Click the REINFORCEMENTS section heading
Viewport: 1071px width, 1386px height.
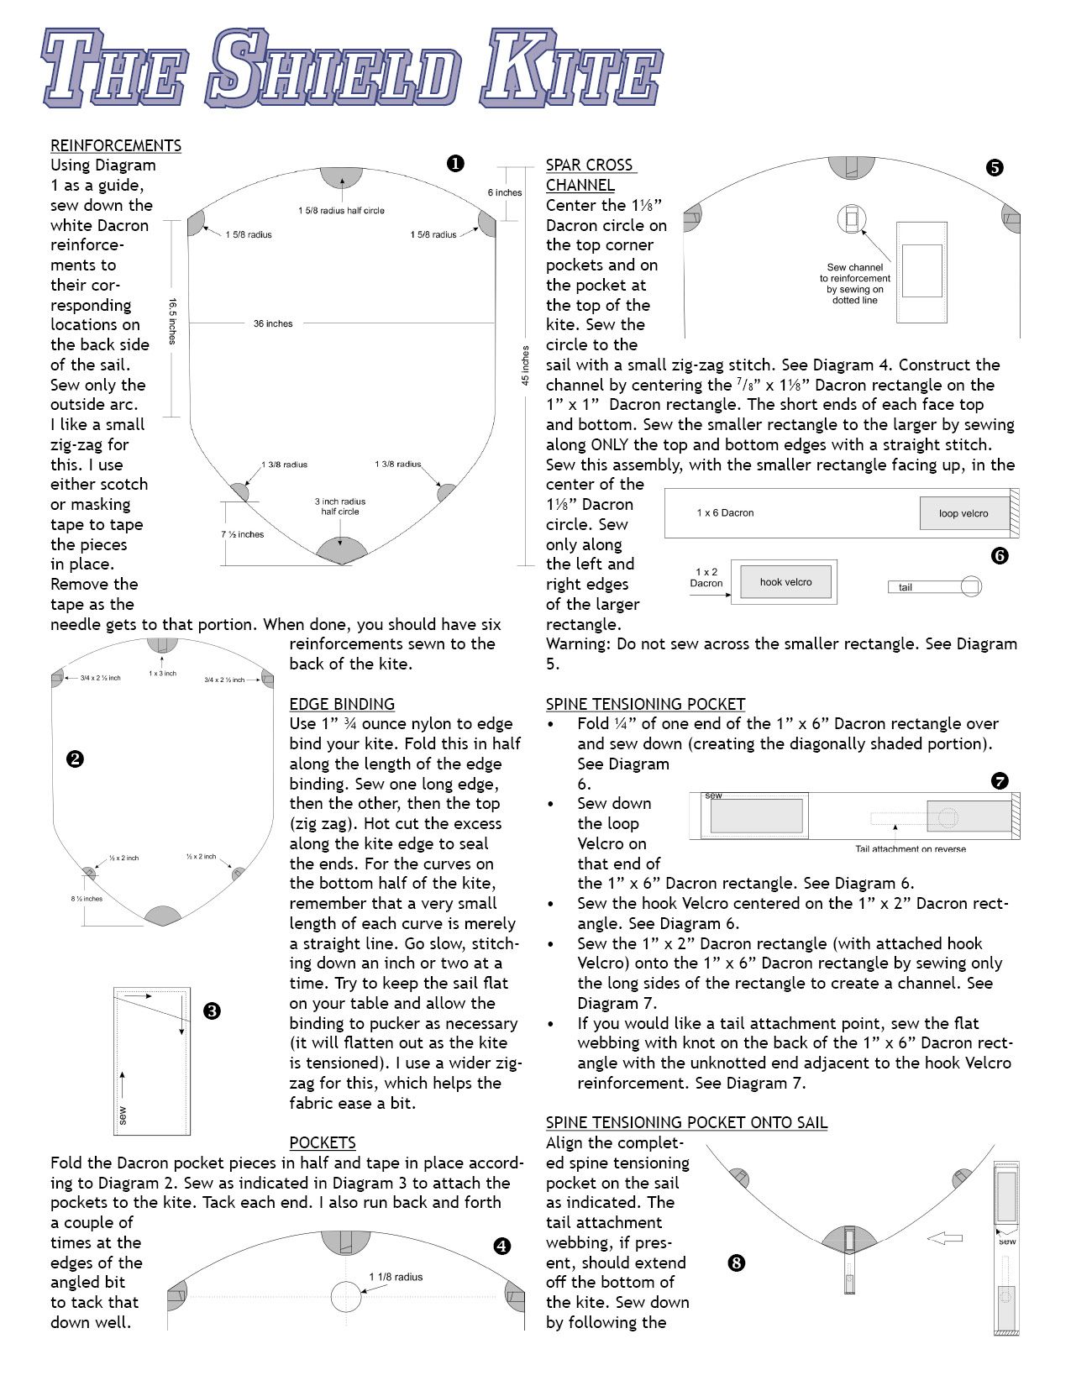[x=116, y=145]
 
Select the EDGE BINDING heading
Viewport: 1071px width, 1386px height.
[x=341, y=704]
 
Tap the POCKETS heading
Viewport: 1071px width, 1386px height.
[x=322, y=1142]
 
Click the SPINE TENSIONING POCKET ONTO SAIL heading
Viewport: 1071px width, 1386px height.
[x=686, y=1122]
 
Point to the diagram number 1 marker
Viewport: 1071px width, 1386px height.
[x=455, y=164]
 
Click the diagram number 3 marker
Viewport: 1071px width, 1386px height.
[x=212, y=1011]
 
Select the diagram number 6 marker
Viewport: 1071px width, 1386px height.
[x=1000, y=555]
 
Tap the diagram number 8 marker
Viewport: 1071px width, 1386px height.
[x=737, y=1262]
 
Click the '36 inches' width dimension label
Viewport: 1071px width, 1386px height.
[x=273, y=323]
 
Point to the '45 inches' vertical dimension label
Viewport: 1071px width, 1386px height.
[x=526, y=365]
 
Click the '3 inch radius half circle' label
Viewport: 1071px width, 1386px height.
[x=340, y=507]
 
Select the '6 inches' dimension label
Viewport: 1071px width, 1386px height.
[x=505, y=192]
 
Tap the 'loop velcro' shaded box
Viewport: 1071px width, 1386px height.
[x=963, y=513]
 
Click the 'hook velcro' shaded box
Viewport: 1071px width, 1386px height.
[x=785, y=581]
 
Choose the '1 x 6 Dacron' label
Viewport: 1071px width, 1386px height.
[x=725, y=512]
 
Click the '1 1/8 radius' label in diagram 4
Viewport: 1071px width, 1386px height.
[x=396, y=1277]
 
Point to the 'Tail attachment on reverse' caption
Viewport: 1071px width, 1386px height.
[x=910, y=848]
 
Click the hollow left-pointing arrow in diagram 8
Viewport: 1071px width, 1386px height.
[x=944, y=1237]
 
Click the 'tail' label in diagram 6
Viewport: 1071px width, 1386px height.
[x=905, y=587]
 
